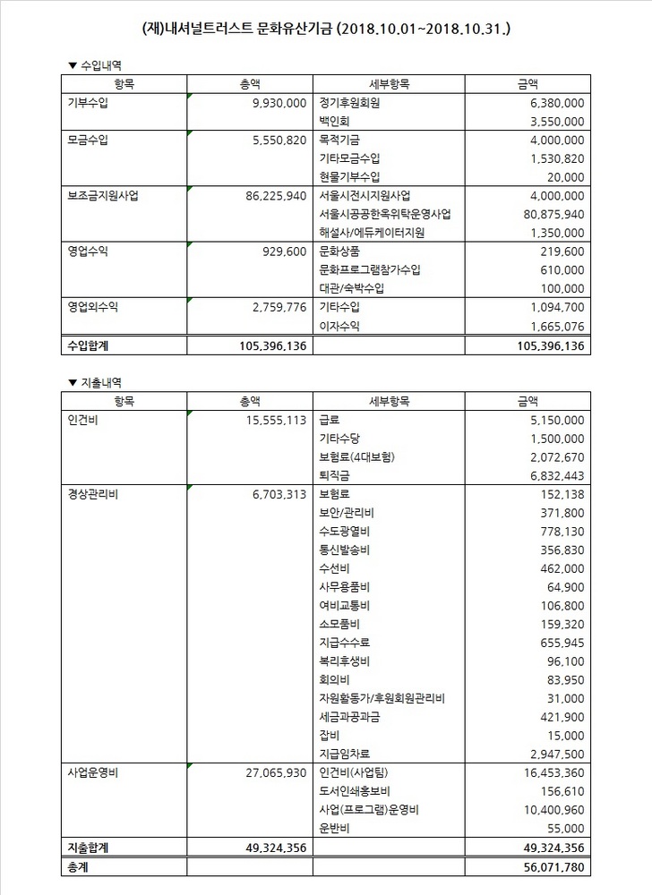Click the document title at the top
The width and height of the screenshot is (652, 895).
(x=326, y=30)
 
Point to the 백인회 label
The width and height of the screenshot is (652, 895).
(x=337, y=121)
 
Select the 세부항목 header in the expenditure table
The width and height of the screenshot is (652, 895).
(x=389, y=400)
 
